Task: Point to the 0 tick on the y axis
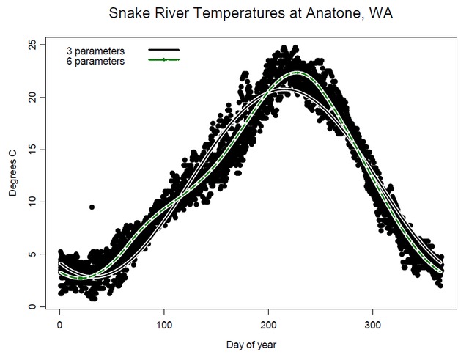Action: pos(32,306)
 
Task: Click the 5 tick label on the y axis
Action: pos(32,254)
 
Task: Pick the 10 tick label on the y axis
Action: pos(32,202)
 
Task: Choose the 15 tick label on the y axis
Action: pos(32,150)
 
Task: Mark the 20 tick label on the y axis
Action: pos(32,97)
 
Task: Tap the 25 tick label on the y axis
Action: pos(32,45)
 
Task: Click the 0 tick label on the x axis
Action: pos(59,323)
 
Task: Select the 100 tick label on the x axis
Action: pos(164,323)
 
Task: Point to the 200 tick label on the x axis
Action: pos(269,323)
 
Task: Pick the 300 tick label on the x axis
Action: pos(373,323)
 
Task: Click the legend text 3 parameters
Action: pos(95,51)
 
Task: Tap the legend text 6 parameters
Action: pos(95,62)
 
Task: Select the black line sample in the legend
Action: pos(163,50)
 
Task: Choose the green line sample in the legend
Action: pos(163,59)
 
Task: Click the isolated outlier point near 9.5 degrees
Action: pos(92,207)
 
